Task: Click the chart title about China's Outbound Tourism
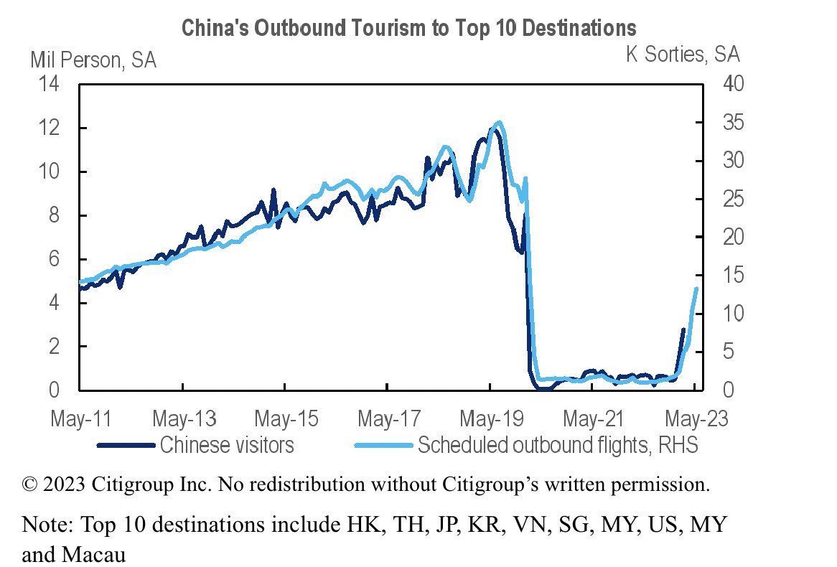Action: [x=408, y=28]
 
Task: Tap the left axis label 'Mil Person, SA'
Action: [x=93, y=60]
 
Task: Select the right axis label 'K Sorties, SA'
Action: [x=683, y=54]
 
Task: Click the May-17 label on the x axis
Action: [x=388, y=419]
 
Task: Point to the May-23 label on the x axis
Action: [x=695, y=419]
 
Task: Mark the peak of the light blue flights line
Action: [x=499, y=123]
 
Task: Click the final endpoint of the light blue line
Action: [x=696, y=289]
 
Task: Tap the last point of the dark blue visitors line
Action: [x=683, y=329]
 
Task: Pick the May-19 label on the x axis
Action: [x=490, y=419]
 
